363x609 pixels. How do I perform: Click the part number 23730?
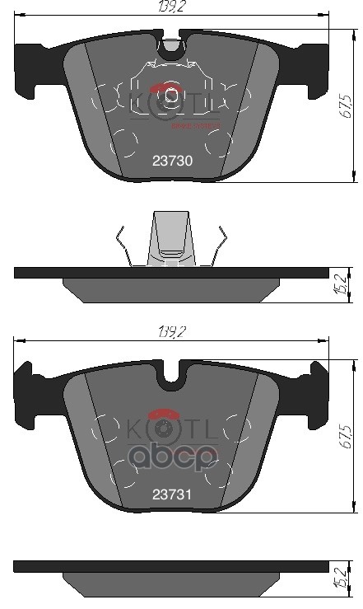coord(172,162)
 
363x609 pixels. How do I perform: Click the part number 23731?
coord(172,494)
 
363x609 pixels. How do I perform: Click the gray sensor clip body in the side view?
coord(172,239)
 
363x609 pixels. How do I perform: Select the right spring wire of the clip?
coord(218,246)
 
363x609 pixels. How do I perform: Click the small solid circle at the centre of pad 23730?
coord(171,95)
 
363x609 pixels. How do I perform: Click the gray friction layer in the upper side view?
coord(172,289)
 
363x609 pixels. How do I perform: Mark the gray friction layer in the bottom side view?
coord(172,584)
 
